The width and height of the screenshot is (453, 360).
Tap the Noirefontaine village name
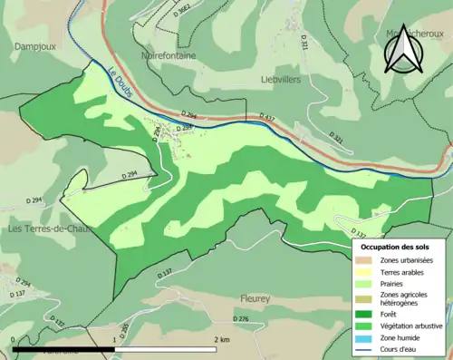[168, 54]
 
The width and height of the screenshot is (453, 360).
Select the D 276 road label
[240, 319]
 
